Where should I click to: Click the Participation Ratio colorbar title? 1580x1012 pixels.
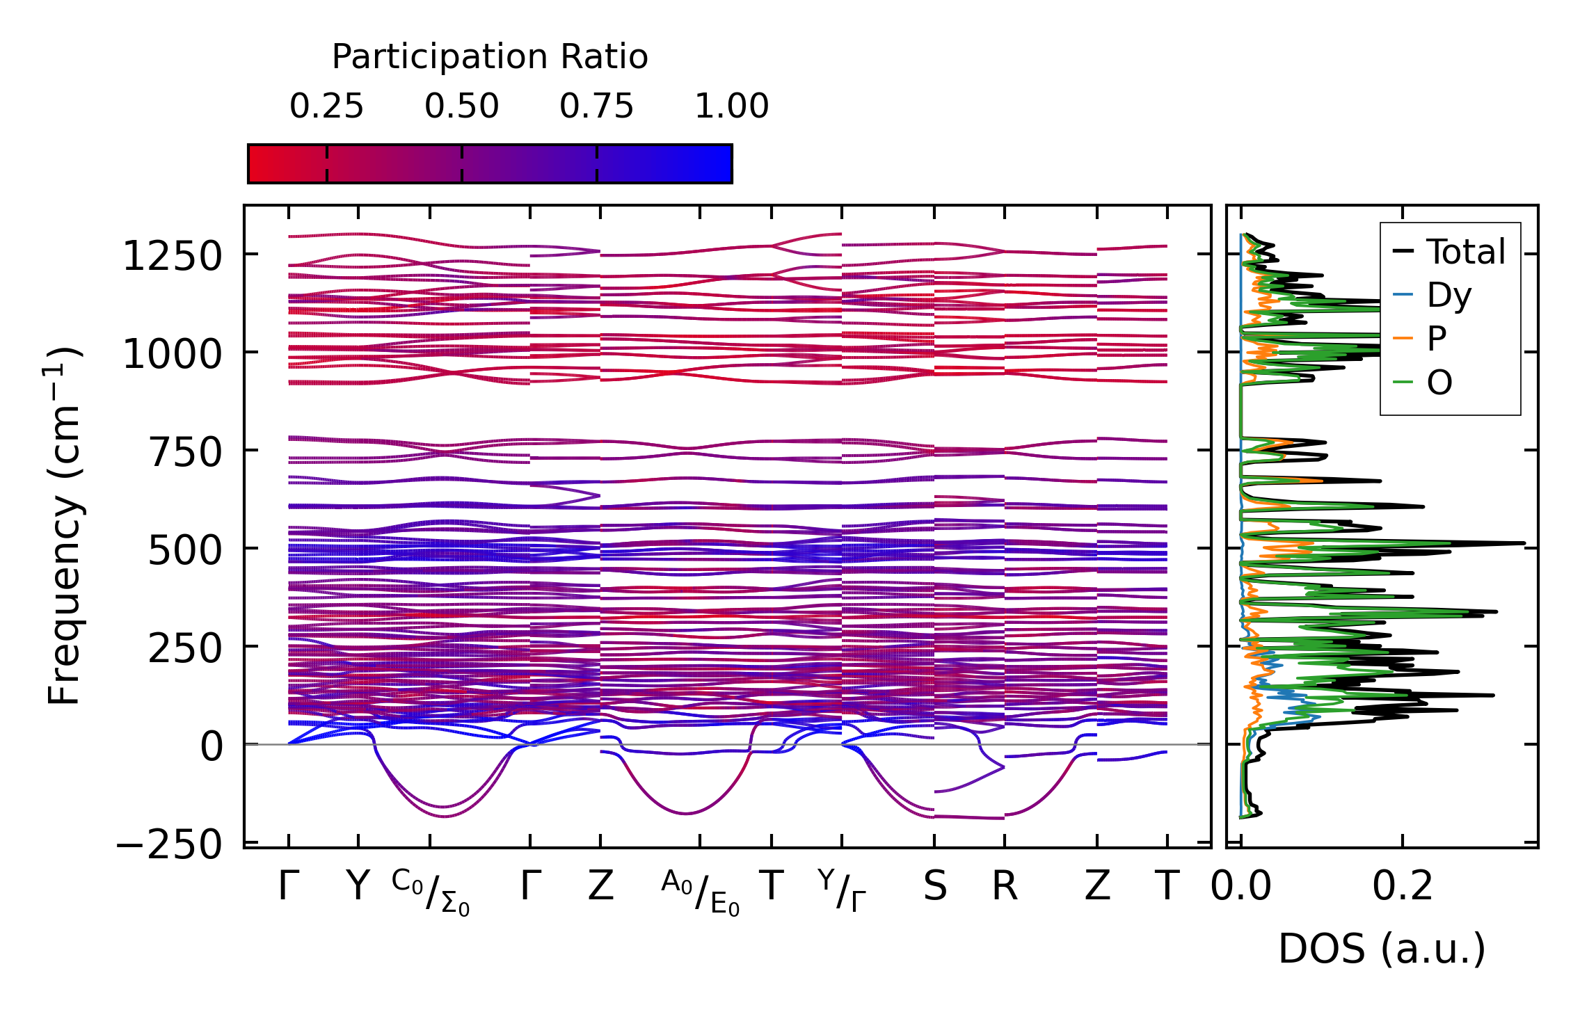[x=490, y=56]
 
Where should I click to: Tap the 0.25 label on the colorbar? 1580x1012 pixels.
[x=326, y=106]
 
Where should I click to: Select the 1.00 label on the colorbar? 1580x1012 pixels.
[x=732, y=106]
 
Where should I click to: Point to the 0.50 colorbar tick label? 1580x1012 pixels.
[x=462, y=106]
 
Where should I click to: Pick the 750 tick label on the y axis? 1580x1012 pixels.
[x=184, y=452]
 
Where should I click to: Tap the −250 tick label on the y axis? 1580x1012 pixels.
[x=170, y=845]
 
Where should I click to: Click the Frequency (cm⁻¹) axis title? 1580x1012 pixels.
[x=64, y=526]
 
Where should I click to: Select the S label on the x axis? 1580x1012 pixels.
[x=934, y=887]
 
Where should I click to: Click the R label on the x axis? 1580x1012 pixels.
[x=1005, y=887]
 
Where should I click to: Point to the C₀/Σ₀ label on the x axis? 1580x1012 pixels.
[x=431, y=892]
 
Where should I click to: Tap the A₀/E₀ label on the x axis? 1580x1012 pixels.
[x=700, y=892]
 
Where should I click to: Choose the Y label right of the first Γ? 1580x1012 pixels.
[x=358, y=887]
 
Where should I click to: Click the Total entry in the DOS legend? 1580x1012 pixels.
[x=1465, y=252]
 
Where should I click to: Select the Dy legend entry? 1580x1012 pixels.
[x=1449, y=296]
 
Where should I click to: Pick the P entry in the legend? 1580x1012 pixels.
[x=1436, y=339]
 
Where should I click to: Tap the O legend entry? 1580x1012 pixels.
[x=1439, y=383]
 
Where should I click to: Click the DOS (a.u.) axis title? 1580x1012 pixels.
[x=1382, y=949]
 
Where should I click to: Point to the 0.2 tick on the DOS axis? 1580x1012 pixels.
[x=1403, y=887]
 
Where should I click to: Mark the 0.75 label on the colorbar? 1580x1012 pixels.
[x=597, y=106]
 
